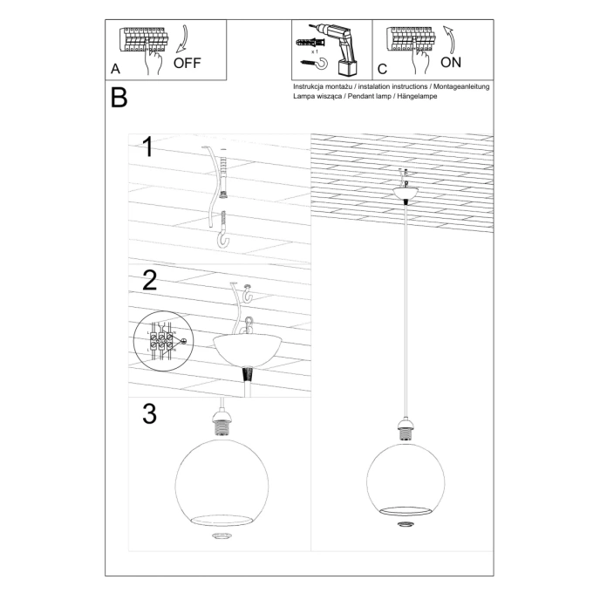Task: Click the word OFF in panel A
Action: coord(187,63)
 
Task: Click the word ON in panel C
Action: coord(451,63)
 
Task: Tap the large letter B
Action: coord(119,98)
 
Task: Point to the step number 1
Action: coord(148,147)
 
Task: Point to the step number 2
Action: coord(149,280)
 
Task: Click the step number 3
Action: coord(149,413)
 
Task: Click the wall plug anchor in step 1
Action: coord(224,174)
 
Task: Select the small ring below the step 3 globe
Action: coord(223,535)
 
